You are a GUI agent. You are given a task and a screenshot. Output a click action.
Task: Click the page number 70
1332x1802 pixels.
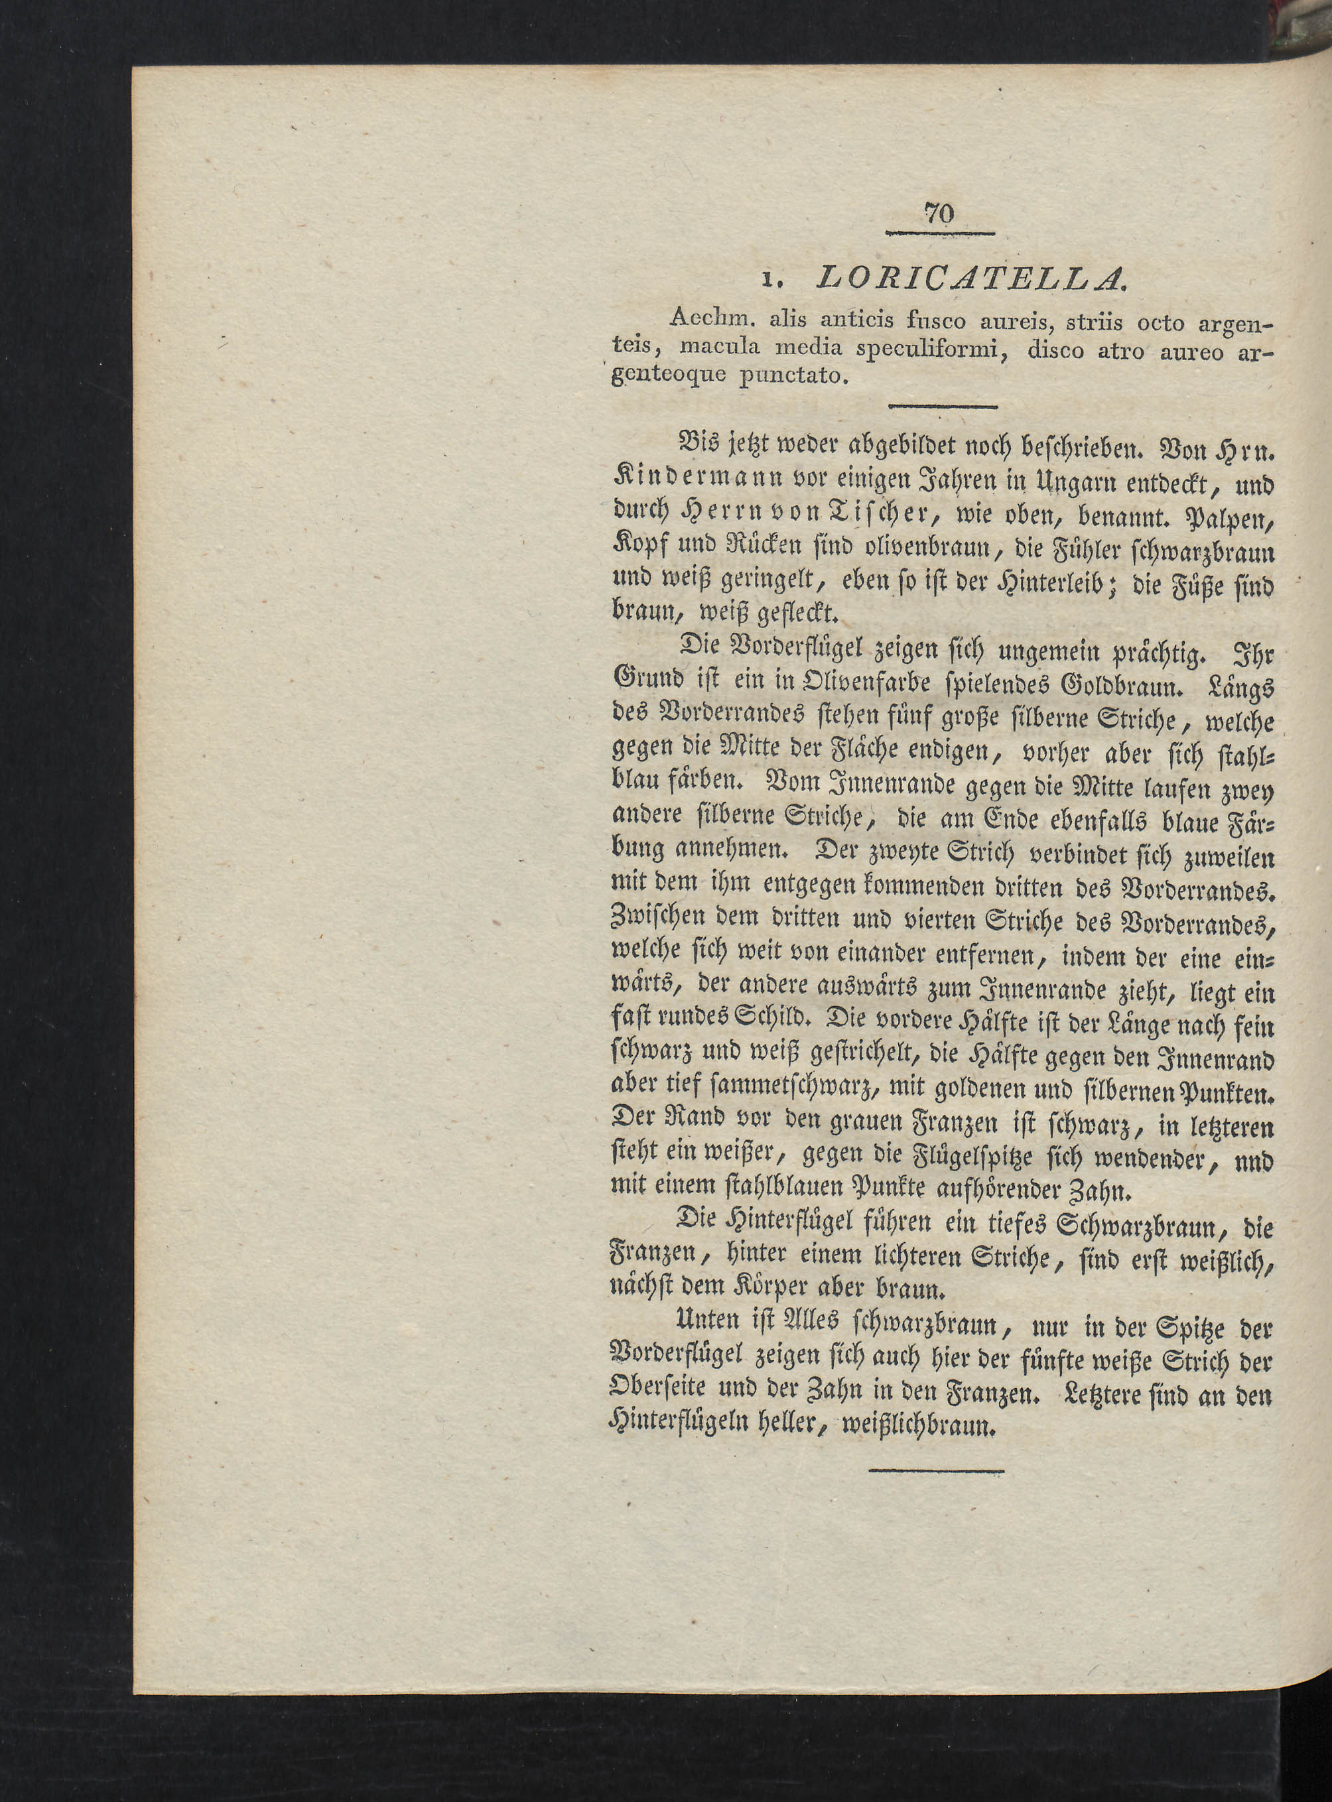pyautogui.click(x=939, y=214)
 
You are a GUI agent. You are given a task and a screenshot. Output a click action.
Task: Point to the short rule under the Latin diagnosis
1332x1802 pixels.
pyautogui.click(x=942, y=407)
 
